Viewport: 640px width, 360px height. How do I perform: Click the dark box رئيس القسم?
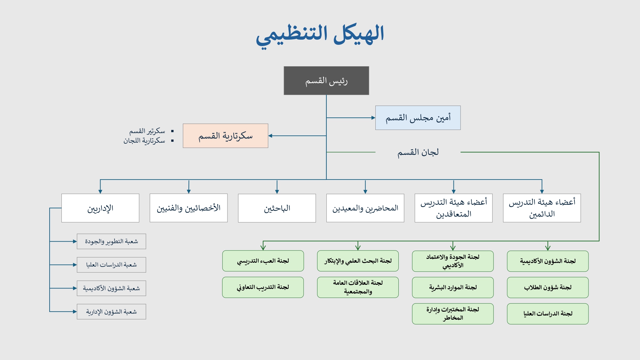(x=326, y=81)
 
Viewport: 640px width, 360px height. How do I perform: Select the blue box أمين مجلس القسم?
(x=418, y=118)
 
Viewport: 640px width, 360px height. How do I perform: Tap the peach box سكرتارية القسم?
(x=225, y=136)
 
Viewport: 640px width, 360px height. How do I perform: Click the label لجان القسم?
(x=418, y=152)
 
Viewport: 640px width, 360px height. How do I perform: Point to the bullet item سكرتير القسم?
(x=147, y=131)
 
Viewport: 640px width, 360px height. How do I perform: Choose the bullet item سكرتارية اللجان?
(x=144, y=141)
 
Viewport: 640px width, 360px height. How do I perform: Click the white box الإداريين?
(x=100, y=208)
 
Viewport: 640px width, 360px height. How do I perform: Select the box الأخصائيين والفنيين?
(x=188, y=208)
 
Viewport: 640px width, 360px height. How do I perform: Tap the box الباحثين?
(x=277, y=208)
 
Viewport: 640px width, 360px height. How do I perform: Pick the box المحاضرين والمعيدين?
(x=365, y=208)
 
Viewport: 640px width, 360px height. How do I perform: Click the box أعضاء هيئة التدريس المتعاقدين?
(x=453, y=208)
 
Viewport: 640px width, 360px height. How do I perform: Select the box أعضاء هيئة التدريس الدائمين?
(x=542, y=208)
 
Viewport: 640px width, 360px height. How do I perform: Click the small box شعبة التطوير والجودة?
(x=111, y=241)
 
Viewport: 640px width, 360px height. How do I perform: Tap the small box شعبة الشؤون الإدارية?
(x=111, y=312)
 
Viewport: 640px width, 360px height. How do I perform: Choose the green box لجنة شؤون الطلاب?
(x=548, y=287)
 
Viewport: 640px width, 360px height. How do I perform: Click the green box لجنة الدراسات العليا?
(x=548, y=314)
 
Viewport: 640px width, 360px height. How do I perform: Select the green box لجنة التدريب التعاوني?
(x=263, y=287)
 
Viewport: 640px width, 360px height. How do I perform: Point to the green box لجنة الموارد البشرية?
(x=453, y=287)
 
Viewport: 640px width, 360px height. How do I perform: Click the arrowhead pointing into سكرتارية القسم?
(x=270, y=136)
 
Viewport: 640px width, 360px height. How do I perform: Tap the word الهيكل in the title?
(x=358, y=34)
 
